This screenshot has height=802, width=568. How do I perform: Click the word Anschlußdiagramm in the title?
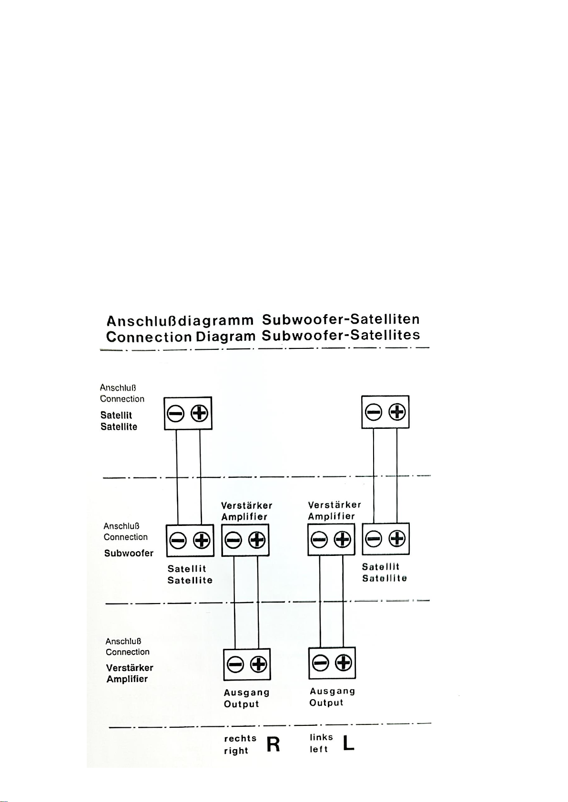tap(181, 320)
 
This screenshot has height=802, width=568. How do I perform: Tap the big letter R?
tap(273, 744)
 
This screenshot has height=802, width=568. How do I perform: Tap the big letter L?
tap(348, 743)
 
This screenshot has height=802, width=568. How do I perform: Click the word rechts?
tap(240, 738)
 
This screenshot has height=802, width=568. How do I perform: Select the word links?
tap(321, 737)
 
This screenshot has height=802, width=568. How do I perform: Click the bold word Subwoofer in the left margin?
tap(129, 553)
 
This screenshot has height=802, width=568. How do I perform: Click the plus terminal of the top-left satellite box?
tap(199, 414)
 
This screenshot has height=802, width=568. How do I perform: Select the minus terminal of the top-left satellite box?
tap(176, 414)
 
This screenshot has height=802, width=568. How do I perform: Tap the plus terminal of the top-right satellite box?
tap(397, 412)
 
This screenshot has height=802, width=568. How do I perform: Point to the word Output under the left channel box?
tap(326, 703)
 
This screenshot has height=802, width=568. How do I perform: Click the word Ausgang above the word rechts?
tap(246, 692)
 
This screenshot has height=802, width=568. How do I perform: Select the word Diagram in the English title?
tap(225, 337)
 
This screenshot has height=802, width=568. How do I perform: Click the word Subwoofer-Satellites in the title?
tap(341, 335)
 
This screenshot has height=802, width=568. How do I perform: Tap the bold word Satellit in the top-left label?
tap(116, 415)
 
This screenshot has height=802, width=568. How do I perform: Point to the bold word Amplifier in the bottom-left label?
tap(127, 679)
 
